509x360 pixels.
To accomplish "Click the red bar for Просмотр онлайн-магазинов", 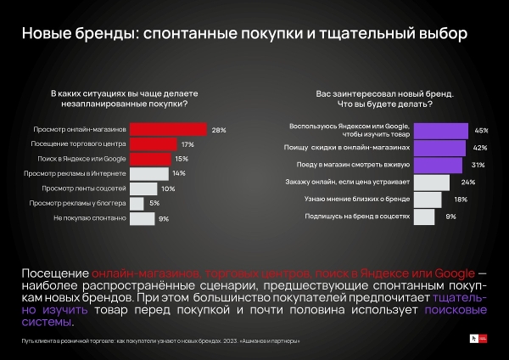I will tap(169, 129).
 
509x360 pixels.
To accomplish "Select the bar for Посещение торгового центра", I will tap(154, 144).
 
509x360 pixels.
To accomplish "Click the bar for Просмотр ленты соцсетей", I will tap(143, 188).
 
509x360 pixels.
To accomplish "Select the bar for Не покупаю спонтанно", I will tap(142, 218).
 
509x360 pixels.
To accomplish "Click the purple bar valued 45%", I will tap(440, 131).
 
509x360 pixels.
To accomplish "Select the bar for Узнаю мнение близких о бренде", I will tap(427, 199).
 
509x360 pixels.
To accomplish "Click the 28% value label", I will tap(218, 130).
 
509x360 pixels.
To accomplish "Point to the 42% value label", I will tap(480, 148).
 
